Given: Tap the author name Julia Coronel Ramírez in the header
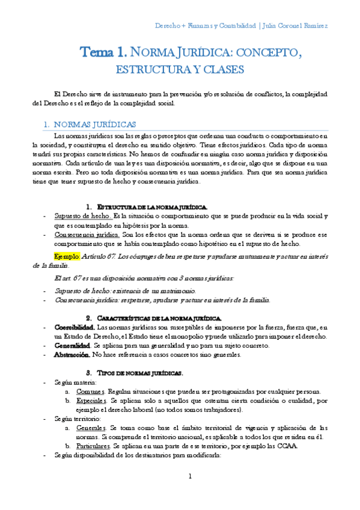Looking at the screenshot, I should (x=293, y=26).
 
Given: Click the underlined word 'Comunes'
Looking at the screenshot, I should (x=91, y=391).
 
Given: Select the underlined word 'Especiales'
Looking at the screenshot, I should (x=93, y=400).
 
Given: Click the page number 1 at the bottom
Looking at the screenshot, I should (x=190, y=477).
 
